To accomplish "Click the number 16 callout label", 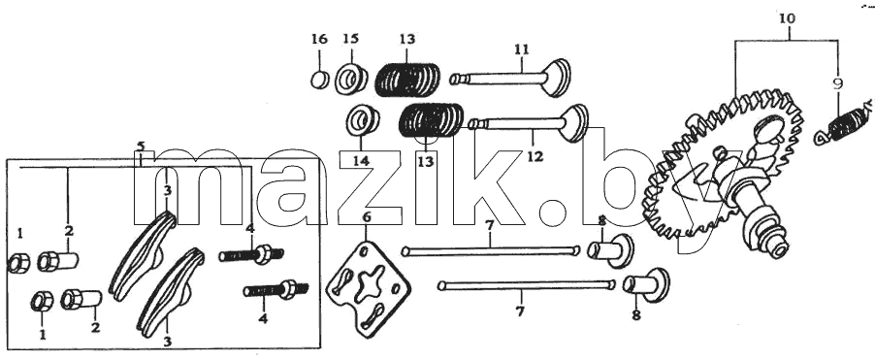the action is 318,39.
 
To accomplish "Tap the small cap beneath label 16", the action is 319,80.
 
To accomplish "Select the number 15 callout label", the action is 351,39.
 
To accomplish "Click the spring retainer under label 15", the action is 351,80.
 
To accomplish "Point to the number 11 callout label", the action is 522,49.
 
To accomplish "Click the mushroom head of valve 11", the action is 557,77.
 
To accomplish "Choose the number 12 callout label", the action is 535,156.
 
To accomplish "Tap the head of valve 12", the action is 574,123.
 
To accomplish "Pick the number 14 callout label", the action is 361,161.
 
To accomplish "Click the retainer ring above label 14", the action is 363,119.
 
